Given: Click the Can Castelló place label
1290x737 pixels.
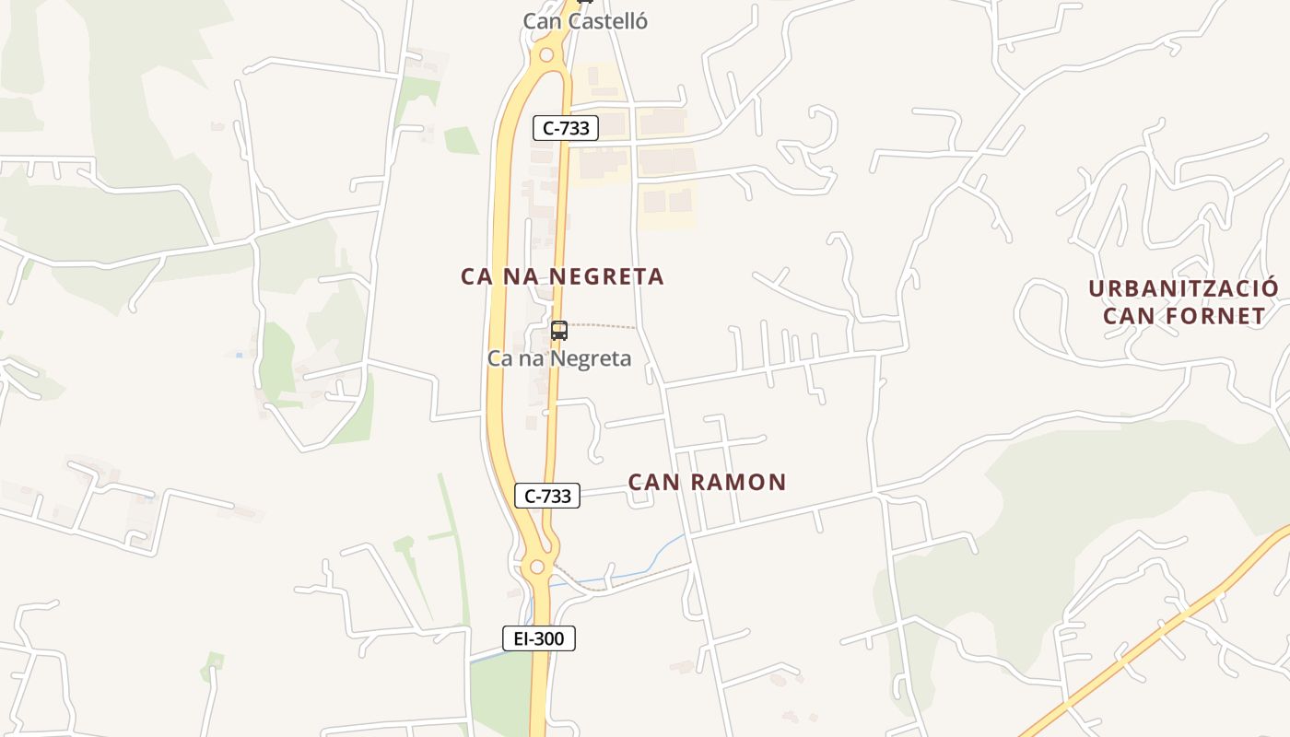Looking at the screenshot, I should [585, 21].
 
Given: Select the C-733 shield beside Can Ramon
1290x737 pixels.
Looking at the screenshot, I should [547, 496].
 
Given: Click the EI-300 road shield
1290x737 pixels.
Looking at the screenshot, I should [539, 638].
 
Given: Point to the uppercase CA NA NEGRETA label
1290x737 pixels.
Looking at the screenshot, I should [562, 276].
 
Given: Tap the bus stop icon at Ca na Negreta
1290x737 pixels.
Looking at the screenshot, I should [558, 331].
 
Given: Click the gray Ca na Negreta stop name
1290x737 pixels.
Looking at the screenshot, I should [559, 358].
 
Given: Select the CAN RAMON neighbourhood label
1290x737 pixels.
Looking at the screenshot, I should [707, 482].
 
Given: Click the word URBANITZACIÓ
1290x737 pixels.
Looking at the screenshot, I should [1183, 288].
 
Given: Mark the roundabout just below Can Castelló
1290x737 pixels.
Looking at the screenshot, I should [546, 55].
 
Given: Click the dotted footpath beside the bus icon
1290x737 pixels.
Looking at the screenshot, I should [604, 325].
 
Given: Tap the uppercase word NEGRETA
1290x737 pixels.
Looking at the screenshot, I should [616, 276].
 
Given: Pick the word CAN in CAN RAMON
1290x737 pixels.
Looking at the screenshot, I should [652, 482].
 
